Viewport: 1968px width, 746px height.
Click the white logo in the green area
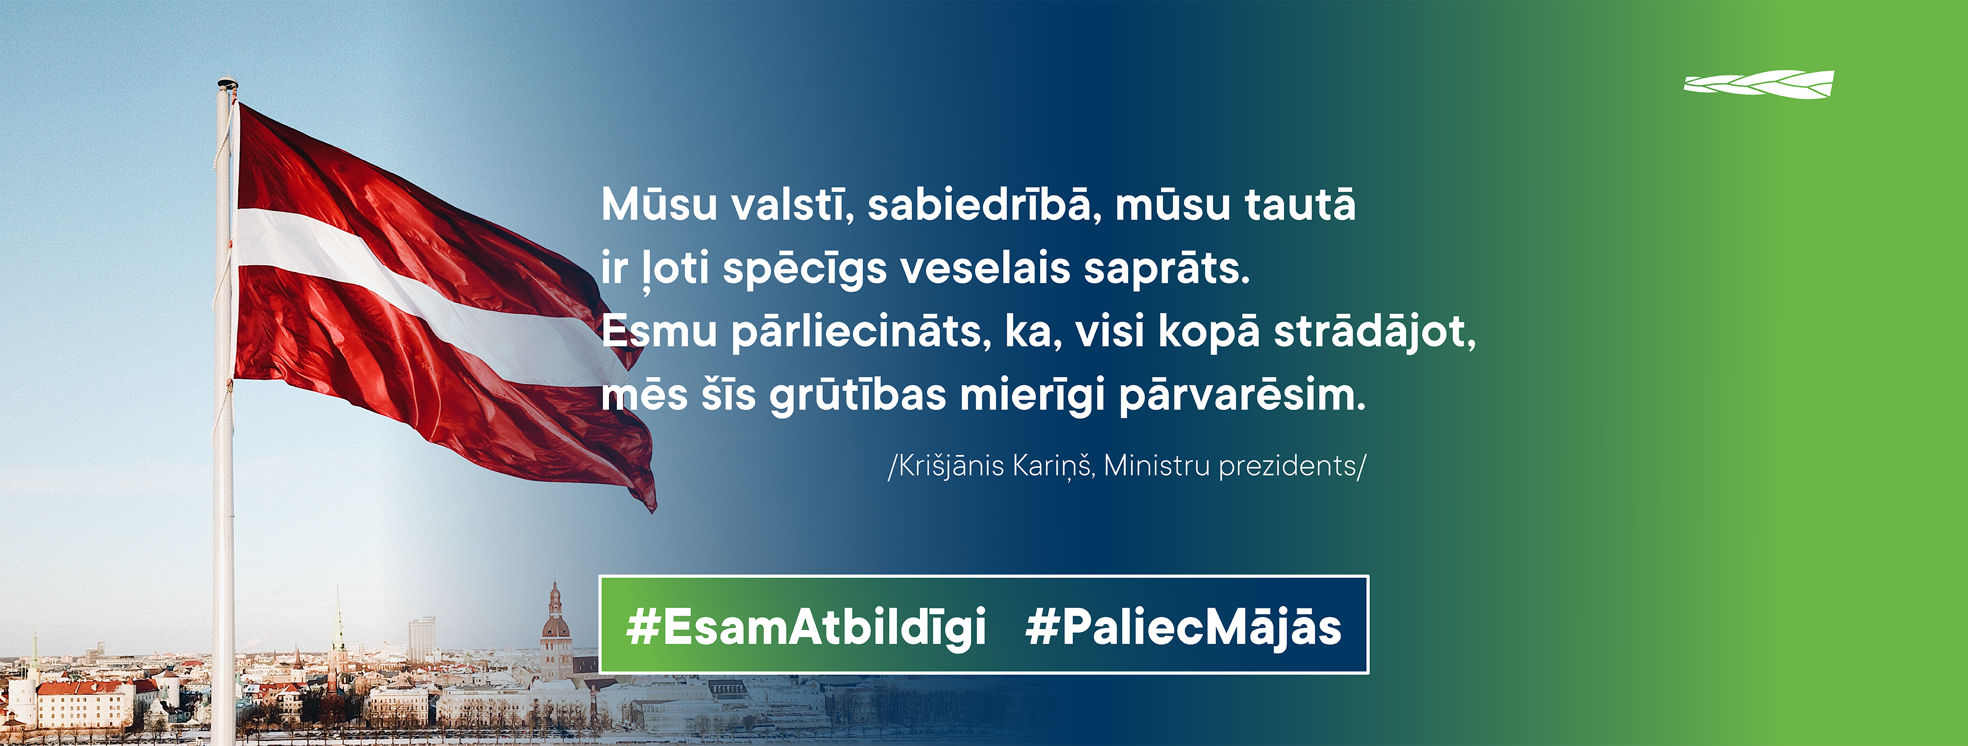click(1758, 85)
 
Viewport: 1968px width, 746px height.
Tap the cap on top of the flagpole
click(227, 83)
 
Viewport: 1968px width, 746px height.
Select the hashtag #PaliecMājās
click(1183, 628)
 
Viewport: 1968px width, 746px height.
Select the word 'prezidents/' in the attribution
click(1292, 466)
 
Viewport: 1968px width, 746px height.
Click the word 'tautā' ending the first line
click(1300, 204)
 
